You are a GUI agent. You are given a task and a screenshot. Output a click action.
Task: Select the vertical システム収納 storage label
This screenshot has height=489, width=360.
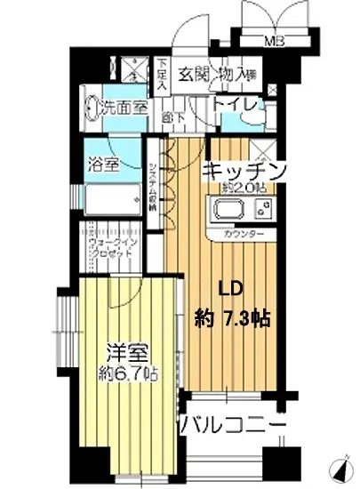point(153,188)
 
